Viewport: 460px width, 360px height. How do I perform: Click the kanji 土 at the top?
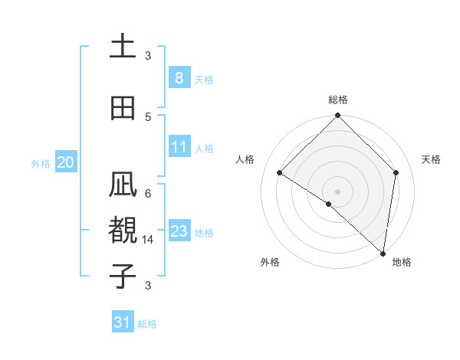tap(123, 47)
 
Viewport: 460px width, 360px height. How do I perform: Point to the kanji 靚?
tap(123, 231)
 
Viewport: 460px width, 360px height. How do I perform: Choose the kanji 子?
tap(123, 276)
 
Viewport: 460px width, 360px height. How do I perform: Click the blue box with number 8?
tap(179, 77)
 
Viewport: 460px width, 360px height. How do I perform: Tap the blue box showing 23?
tap(179, 231)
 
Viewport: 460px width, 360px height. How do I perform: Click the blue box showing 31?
tap(123, 322)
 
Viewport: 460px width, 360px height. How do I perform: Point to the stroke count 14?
tap(149, 239)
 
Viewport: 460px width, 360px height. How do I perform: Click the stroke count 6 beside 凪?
tap(148, 193)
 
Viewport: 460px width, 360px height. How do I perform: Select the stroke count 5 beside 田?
tap(148, 116)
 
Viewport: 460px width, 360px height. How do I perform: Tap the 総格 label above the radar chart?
tap(338, 100)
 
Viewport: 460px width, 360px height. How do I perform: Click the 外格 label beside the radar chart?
tap(270, 262)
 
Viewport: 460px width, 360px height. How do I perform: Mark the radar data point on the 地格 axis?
tap(383, 254)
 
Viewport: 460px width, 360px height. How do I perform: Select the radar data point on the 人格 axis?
tap(280, 173)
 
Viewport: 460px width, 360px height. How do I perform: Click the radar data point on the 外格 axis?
tap(329, 204)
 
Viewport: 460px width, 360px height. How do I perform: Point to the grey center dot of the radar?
tap(338, 191)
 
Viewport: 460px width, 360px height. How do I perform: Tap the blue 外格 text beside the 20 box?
tap(41, 163)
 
